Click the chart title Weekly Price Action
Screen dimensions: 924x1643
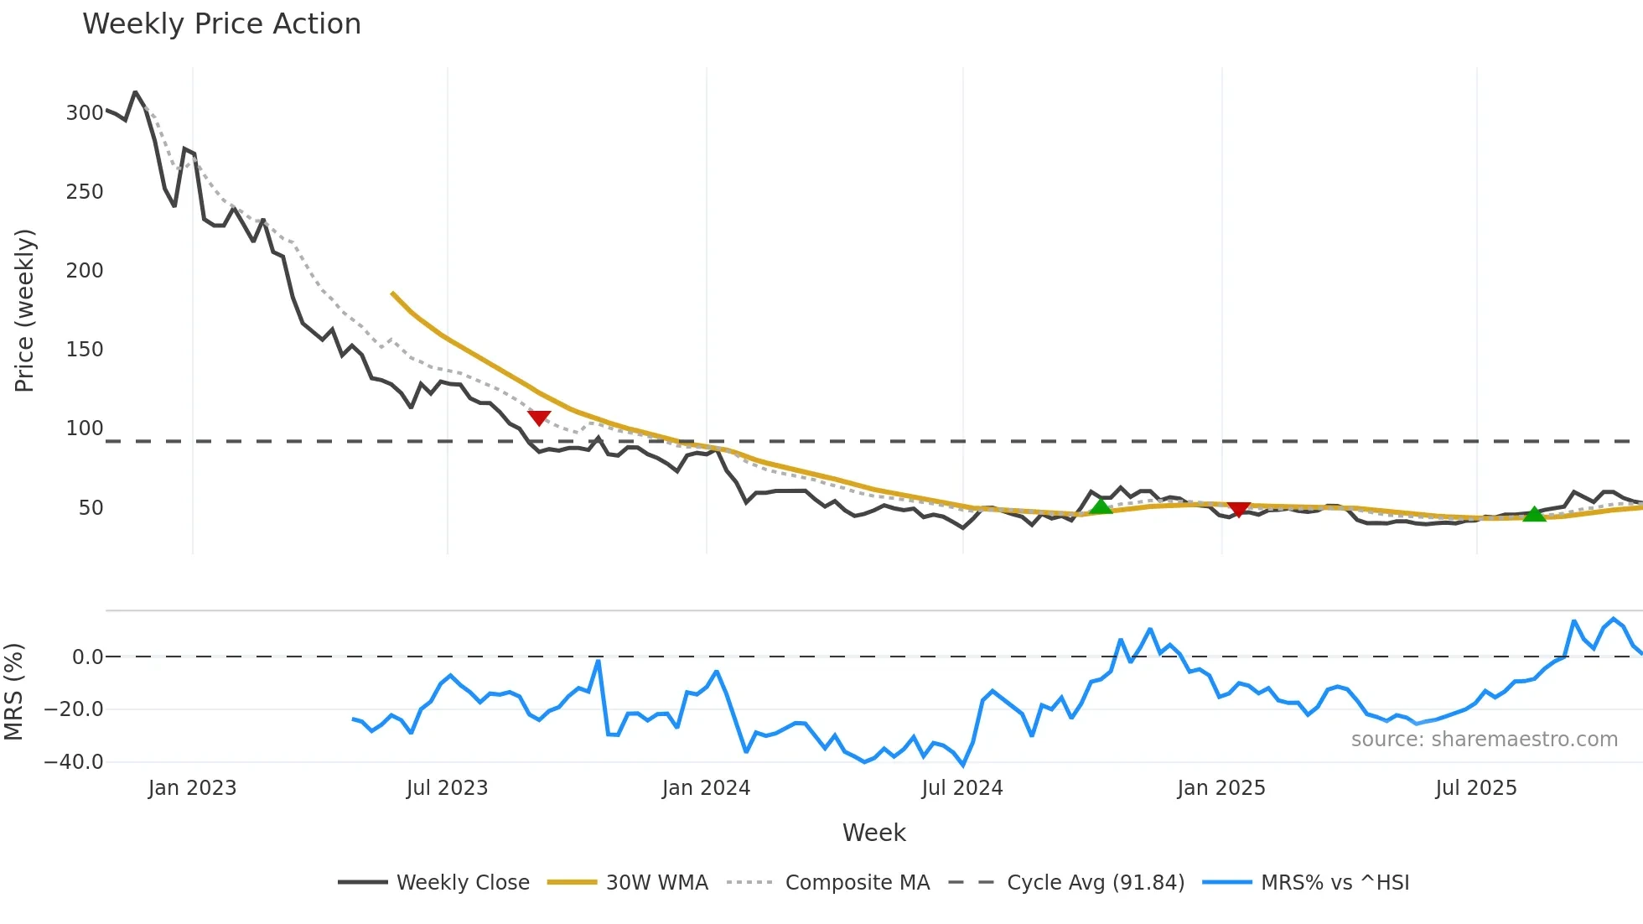tap(221, 24)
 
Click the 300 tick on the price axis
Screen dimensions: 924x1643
tap(85, 113)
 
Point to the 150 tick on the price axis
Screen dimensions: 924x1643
tap(85, 350)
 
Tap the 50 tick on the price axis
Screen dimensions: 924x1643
tap(91, 508)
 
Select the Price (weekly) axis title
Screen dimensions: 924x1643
tap(24, 310)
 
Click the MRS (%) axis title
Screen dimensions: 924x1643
tap(13, 692)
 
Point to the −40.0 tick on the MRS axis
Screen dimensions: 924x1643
tap(74, 762)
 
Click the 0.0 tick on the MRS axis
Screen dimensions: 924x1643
tap(87, 657)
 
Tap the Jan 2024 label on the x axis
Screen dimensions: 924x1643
tap(706, 788)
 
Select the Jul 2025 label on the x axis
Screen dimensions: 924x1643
tap(1475, 788)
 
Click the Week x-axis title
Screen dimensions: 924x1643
tap(873, 833)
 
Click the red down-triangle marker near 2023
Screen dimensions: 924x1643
tap(539, 418)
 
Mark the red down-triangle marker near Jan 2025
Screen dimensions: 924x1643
tap(1238, 509)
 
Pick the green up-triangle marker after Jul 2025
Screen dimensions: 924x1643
tap(1534, 514)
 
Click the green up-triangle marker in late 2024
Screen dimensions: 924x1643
tap(1101, 506)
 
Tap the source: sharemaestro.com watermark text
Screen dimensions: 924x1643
tap(1484, 740)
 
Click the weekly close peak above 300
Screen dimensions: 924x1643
tap(135, 92)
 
